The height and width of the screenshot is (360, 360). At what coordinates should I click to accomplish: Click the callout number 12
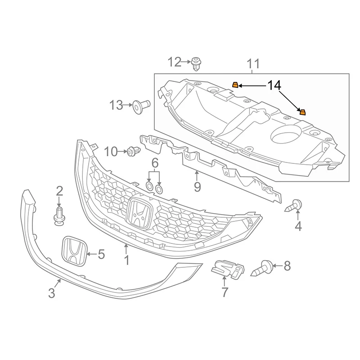pyautogui.click(x=174, y=61)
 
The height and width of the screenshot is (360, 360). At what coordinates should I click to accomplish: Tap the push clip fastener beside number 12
pyautogui.click(x=196, y=63)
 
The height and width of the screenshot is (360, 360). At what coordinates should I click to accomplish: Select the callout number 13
pyautogui.click(x=116, y=105)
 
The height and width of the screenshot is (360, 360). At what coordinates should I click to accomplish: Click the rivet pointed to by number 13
pyautogui.click(x=141, y=106)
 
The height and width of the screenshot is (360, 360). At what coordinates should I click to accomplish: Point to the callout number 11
pyautogui.click(x=253, y=64)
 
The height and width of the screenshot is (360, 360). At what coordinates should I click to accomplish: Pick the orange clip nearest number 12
pyautogui.click(x=234, y=85)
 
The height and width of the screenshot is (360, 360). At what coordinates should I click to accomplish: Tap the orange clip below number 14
pyautogui.click(x=302, y=112)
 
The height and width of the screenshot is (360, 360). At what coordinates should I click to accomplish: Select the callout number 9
pyautogui.click(x=197, y=186)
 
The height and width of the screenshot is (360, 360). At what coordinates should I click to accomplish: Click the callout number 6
pyautogui.click(x=154, y=162)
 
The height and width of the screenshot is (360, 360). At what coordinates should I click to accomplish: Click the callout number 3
pyautogui.click(x=52, y=293)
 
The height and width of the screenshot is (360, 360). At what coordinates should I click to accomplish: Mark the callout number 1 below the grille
pyautogui.click(x=126, y=260)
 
